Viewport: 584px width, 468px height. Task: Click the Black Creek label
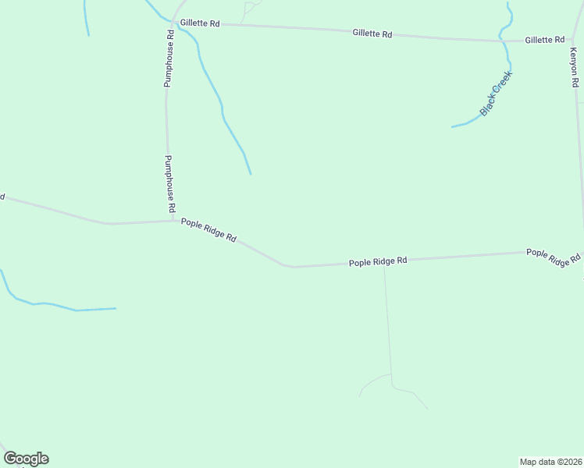495,94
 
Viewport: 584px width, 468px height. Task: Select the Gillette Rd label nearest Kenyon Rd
544,40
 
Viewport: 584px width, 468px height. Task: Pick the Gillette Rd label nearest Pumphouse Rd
199,23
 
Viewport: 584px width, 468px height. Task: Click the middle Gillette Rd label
372,34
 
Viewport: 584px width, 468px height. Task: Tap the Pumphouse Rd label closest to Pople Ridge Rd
169,184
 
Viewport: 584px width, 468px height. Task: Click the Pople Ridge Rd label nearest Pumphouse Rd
208,229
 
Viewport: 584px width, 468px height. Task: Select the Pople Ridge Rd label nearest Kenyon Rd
554,257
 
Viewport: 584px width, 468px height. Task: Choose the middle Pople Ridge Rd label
378,262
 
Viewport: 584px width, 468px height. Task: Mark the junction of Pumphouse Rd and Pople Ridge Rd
172,221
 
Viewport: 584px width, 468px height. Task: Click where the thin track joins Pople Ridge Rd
384,262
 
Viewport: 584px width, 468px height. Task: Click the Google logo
26,459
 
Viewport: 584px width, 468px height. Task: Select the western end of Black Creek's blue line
452,126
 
